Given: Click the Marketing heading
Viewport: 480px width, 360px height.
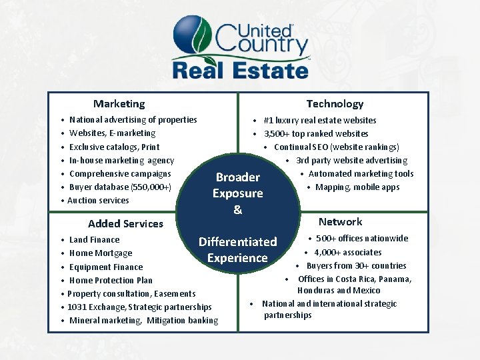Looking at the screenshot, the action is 119,103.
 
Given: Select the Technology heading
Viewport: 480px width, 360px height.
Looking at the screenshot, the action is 335,103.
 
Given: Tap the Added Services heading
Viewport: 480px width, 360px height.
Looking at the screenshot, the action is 125,223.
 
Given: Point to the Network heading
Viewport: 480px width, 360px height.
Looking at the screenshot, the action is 340,221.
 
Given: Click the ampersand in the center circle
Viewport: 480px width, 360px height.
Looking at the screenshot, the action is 237,209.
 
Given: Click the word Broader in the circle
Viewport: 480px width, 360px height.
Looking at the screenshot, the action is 238,177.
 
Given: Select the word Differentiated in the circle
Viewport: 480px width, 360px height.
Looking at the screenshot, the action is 237,241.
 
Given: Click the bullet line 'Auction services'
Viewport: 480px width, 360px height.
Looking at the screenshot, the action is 98,200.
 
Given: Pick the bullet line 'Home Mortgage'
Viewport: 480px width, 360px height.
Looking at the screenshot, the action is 101,253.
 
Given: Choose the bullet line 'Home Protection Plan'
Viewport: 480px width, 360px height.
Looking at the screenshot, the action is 111,280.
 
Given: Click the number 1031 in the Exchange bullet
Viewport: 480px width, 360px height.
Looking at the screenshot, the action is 77,307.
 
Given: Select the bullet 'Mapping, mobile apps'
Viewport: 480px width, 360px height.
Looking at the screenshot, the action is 357,187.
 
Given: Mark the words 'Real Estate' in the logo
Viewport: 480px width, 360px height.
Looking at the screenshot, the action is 240,69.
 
